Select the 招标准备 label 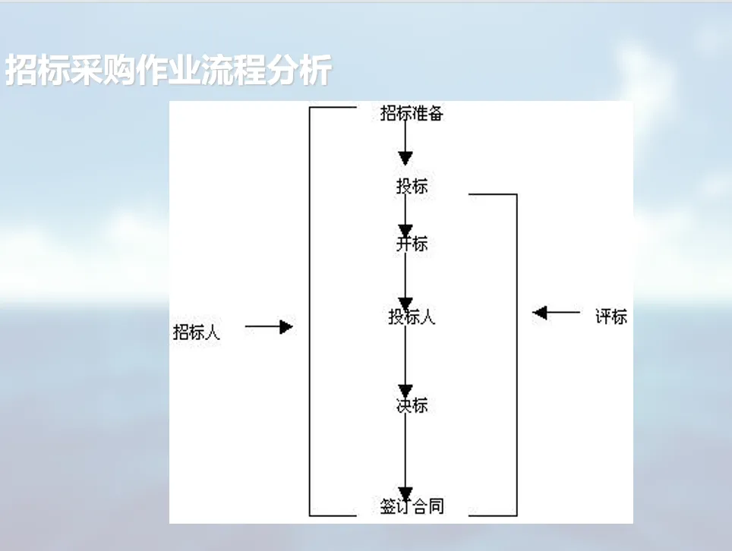click(x=412, y=114)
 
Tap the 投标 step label click(x=412, y=186)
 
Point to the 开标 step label click(x=412, y=244)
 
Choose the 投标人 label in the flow click(x=412, y=316)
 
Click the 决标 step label click(x=412, y=405)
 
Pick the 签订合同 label click(x=412, y=506)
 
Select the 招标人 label click(x=197, y=332)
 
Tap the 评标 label click(x=611, y=316)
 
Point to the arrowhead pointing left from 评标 click(x=540, y=313)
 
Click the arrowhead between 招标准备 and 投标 click(x=405, y=158)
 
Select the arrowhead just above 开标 click(x=405, y=230)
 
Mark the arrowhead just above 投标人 click(x=405, y=304)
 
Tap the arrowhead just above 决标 click(x=405, y=391)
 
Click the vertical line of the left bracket click(x=310, y=311)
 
